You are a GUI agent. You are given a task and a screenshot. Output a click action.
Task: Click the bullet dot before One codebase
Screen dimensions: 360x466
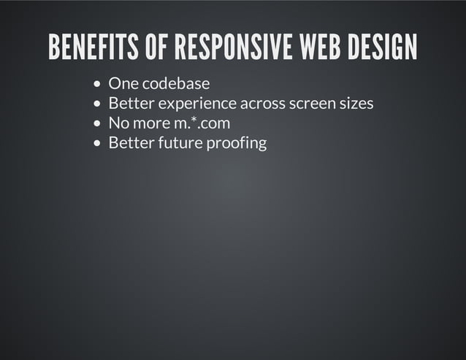tap(99, 85)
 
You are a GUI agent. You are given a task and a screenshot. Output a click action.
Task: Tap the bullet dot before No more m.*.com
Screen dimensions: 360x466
tap(99, 123)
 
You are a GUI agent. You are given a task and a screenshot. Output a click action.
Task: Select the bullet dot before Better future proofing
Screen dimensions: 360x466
tap(99, 143)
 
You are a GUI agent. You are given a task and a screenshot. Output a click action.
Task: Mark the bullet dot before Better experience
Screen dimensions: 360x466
tap(99, 104)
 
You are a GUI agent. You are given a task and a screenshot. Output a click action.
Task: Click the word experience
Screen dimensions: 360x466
tap(197, 104)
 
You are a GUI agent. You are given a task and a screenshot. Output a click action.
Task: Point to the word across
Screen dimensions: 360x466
tap(262, 104)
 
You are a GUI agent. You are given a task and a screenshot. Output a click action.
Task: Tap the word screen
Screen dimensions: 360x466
tap(312, 104)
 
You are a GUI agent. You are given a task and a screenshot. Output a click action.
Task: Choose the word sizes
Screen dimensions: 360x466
tap(356, 104)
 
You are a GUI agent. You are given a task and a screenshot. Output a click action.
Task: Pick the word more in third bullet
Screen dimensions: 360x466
tap(150, 123)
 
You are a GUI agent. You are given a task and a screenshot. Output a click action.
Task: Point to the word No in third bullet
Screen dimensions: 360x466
tap(118, 123)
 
